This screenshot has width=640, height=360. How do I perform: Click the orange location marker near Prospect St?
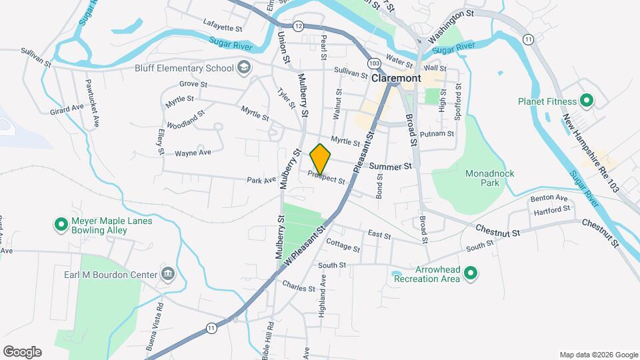320,159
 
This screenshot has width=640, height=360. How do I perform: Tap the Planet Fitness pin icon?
587,101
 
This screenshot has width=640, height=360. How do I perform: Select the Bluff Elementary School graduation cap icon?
244,67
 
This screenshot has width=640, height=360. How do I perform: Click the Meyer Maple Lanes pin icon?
61,225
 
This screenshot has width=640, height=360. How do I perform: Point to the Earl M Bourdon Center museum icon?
167,274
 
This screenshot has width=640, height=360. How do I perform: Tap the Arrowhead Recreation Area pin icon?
471,273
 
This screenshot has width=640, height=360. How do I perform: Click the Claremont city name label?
396,78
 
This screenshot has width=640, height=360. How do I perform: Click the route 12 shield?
298,26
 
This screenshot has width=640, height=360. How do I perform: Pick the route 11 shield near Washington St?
529,40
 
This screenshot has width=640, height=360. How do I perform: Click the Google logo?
22,351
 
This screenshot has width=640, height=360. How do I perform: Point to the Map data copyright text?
598,355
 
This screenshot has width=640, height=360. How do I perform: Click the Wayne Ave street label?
193,153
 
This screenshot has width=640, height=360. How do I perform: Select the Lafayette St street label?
222,28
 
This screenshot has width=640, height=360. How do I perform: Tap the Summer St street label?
391,165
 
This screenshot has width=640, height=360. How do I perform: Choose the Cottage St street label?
343,247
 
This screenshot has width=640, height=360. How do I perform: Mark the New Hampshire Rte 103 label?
591,154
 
